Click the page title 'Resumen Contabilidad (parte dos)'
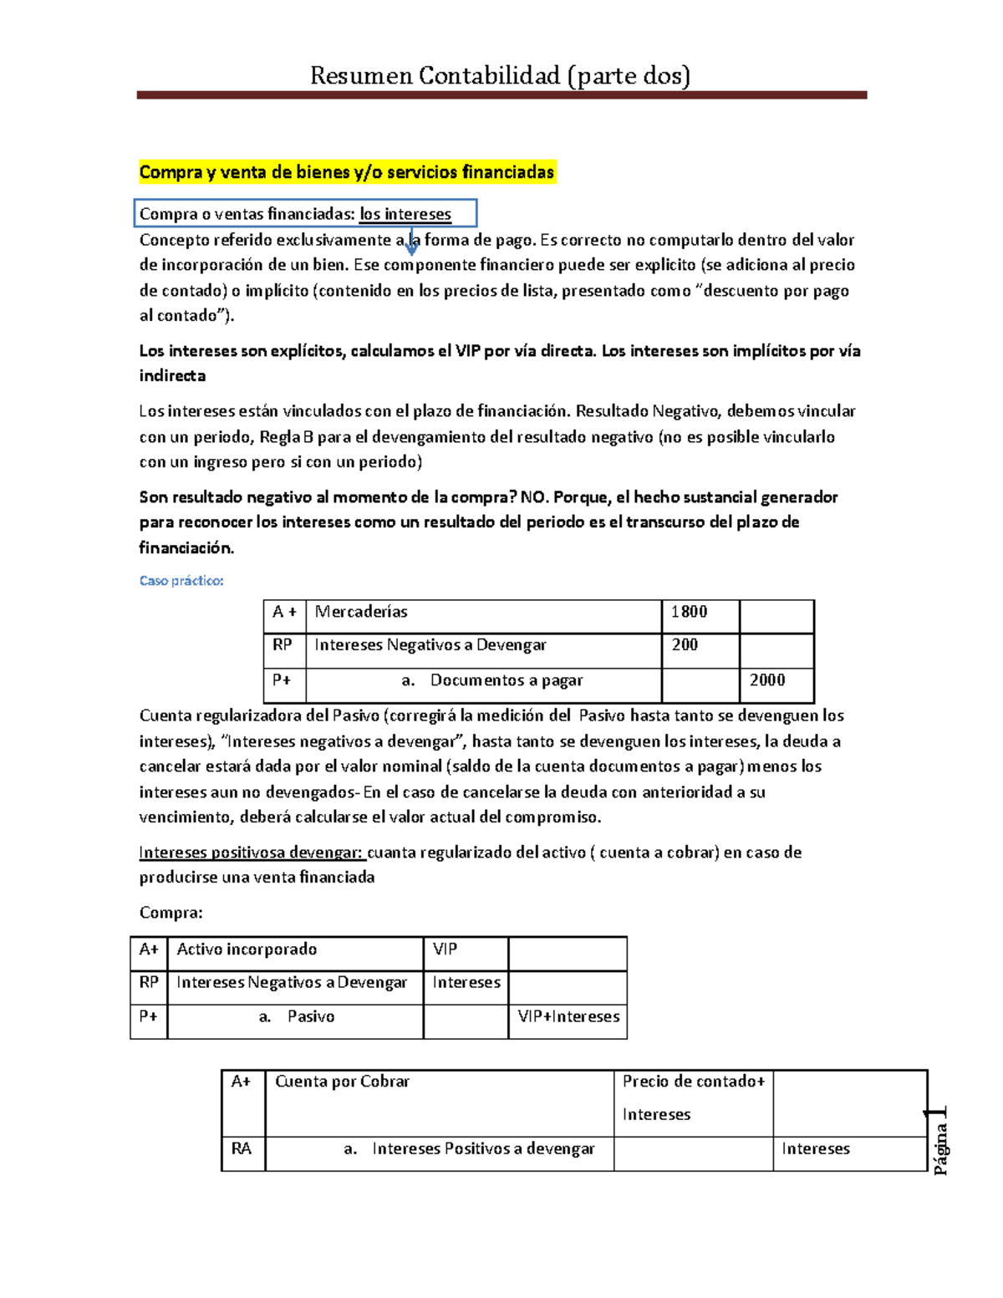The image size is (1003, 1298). [500, 76]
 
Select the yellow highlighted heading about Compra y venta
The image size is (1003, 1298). [347, 172]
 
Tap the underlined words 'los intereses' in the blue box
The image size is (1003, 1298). [405, 214]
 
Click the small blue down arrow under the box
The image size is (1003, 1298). [411, 244]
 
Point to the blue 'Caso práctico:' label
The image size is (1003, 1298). [181, 580]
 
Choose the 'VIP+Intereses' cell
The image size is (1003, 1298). [568, 1017]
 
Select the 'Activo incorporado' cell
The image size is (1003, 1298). [294, 949]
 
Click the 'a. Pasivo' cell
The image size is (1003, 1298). [296, 1017]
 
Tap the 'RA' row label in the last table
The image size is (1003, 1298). [242, 1149]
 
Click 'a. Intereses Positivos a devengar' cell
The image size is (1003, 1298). [469, 1149]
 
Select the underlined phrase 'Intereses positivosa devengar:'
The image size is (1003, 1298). [252, 853]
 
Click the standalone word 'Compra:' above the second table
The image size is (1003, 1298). [171, 913]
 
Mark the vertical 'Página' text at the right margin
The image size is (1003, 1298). [940, 1147]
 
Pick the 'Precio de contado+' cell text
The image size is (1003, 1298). [694, 1082]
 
